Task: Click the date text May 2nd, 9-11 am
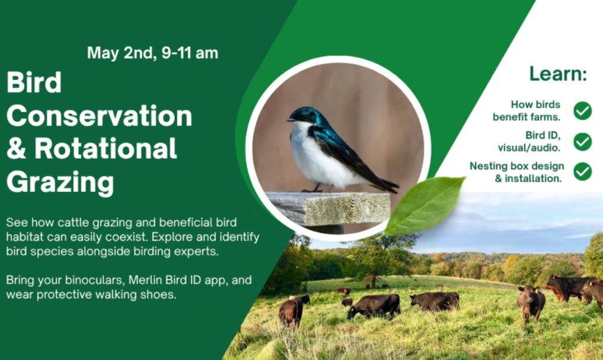[x=153, y=53]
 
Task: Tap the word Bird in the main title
[x=34, y=83]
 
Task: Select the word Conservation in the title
[x=99, y=115]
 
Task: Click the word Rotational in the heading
[x=106, y=148]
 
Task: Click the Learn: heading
[x=558, y=74]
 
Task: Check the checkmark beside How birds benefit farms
[x=582, y=110]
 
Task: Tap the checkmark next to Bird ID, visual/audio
[x=582, y=141]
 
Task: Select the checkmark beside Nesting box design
[x=582, y=171]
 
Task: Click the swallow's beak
[x=290, y=120]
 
